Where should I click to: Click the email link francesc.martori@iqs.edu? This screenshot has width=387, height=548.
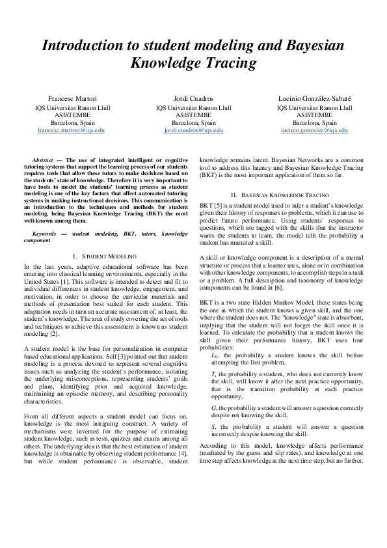pos(72,130)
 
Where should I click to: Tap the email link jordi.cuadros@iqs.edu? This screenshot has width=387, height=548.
pos(194,130)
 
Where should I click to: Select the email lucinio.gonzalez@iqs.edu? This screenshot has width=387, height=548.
pos(315,130)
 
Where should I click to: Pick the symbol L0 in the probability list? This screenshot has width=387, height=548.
pos(215,355)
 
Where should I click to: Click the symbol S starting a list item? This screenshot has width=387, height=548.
pos(213,427)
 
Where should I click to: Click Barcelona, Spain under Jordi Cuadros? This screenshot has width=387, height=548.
pos(194,122)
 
